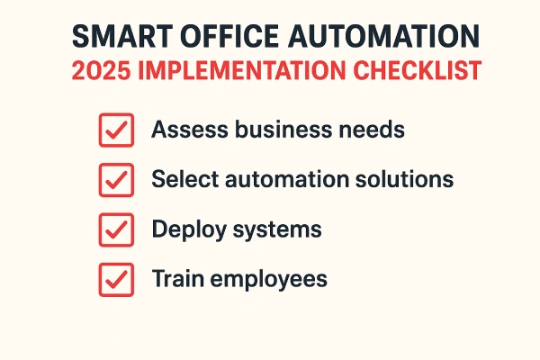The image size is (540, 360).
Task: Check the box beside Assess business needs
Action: [115, 130]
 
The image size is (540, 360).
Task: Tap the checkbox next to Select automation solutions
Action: [115, 180]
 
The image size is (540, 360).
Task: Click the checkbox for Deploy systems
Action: [115, 229]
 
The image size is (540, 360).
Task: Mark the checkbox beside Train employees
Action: [115, 279]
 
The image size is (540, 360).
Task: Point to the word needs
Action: [373, 130]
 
